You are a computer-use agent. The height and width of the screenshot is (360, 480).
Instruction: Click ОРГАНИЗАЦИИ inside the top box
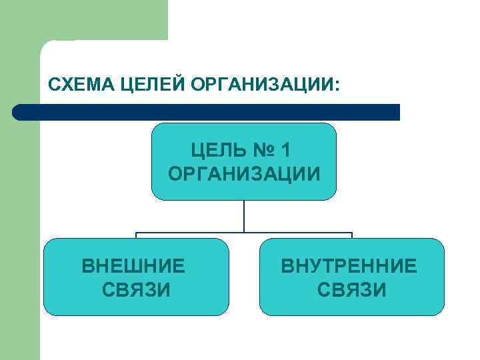click(x=244, y=174)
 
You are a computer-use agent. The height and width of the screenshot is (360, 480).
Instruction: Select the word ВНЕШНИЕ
click(x=133, y=267)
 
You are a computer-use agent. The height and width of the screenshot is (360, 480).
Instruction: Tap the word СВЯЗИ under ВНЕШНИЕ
click(x=136, y=290)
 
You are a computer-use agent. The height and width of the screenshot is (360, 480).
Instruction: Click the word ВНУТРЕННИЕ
click(x=349, y=267)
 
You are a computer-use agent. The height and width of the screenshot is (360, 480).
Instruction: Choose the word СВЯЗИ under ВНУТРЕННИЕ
click(x=351, y=290)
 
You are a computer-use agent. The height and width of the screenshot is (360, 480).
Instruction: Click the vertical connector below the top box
click(x=244, y=216)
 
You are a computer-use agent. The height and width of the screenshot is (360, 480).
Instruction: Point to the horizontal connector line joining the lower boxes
click(x=200, y=233)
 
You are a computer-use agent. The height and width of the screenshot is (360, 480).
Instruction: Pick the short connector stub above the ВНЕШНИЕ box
click(x=136, y=235)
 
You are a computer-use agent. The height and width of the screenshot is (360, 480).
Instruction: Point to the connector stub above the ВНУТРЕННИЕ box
click(x=351, y=235)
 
